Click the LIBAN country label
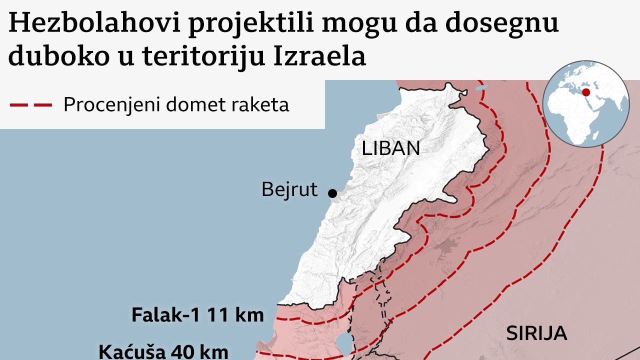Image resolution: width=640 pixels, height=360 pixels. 391,148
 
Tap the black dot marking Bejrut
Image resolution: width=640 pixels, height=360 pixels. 331,193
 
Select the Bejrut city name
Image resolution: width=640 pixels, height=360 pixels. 289,189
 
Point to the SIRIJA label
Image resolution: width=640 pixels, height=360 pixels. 536,333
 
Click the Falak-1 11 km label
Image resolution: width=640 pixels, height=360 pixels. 197,315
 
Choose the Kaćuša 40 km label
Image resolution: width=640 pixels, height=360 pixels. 163,351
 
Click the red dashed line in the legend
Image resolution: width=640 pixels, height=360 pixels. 31,105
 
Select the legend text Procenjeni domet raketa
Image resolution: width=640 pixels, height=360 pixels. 176,104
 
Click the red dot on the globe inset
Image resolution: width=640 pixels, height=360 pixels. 586,93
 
